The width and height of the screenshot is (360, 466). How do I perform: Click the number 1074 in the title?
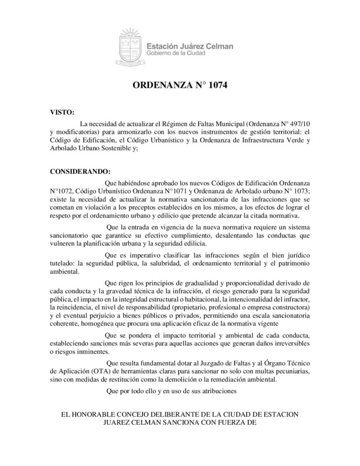(213, 85)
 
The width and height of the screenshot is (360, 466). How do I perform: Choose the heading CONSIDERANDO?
(80, 172)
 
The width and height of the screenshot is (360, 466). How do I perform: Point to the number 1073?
(299, 190)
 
